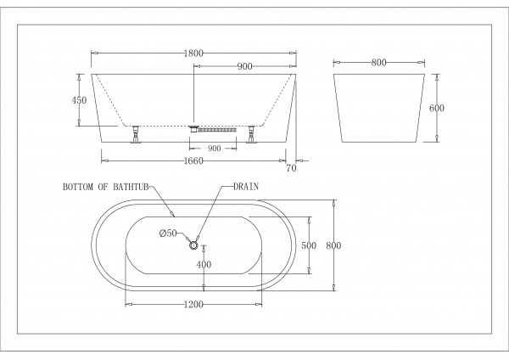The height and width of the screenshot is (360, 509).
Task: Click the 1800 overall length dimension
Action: point(193,53)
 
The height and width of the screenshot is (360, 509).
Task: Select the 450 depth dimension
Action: point(79,100)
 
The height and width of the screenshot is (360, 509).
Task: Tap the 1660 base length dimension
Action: point(193,160)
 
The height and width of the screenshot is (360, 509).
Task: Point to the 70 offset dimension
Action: point(292,168)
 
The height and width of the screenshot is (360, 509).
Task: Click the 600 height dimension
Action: point(437,108)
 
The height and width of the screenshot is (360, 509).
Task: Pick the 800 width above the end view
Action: point(379,62)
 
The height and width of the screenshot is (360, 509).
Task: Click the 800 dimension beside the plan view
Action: point(333,245)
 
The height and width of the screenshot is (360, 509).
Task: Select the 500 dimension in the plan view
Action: point(309,245)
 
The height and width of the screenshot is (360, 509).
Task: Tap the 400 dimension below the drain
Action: point(204,265)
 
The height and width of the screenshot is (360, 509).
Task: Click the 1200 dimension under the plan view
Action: point(193,305)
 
